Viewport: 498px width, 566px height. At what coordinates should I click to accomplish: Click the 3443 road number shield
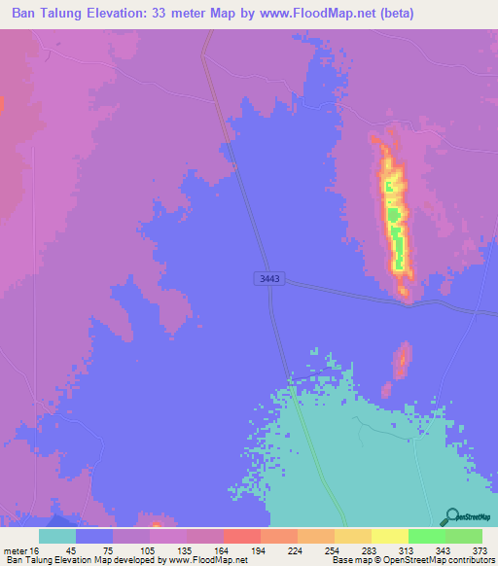point(269,279)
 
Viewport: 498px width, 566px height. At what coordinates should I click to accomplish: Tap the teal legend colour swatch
point(57,536)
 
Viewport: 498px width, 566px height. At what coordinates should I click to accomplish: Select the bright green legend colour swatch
point(426,536)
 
